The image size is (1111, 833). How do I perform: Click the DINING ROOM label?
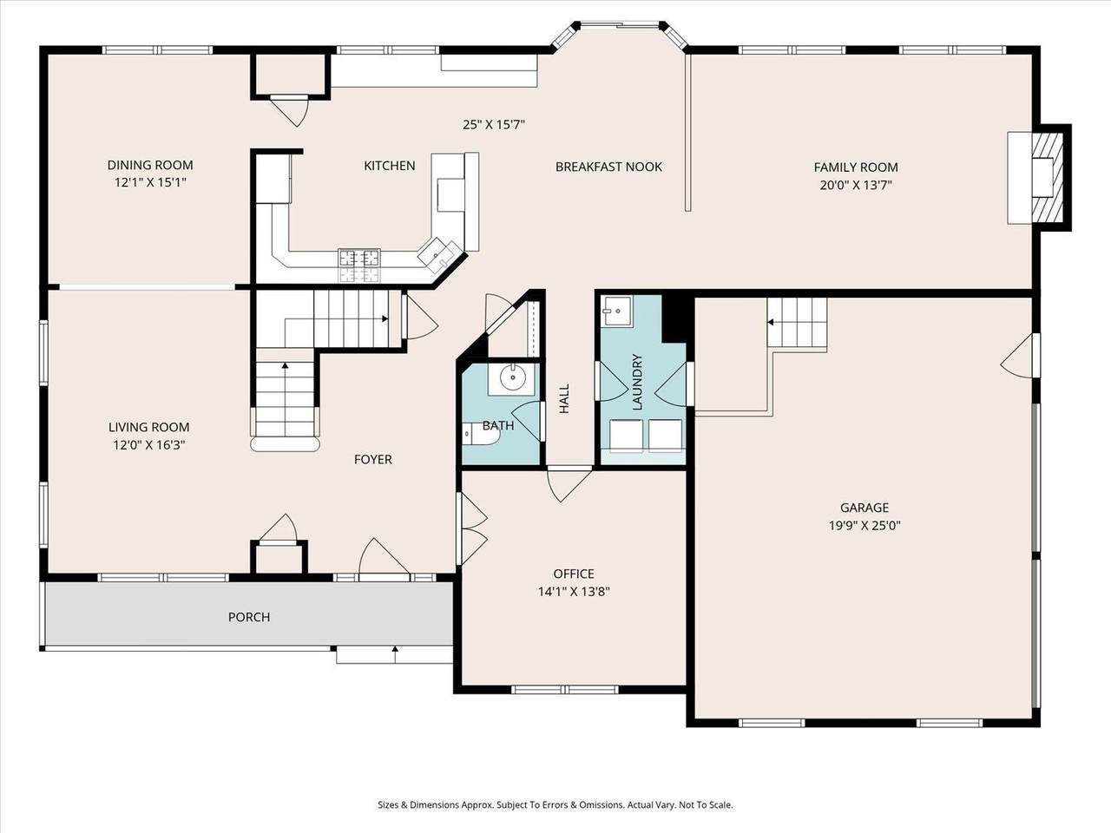(150, 165)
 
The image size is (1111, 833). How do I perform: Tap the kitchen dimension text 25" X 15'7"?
(494, 124)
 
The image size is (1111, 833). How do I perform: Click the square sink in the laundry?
(615, 311)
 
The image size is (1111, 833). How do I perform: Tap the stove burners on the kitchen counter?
(359, 266)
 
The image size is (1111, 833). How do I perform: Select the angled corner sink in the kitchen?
(439, 253)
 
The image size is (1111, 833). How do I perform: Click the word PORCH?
(249, 617)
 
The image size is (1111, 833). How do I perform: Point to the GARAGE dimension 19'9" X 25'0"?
(864, 526)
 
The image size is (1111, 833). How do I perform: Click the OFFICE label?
(574, 574)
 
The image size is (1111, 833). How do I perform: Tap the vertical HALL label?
(564, 398)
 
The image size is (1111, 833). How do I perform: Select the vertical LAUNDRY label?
(637, 382)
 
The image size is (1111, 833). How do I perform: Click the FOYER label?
(373, 459)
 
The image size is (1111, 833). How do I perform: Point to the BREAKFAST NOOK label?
(609, 167)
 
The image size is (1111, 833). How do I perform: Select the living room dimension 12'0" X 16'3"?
(148, 445)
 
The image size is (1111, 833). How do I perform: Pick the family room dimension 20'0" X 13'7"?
(856, 185)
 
